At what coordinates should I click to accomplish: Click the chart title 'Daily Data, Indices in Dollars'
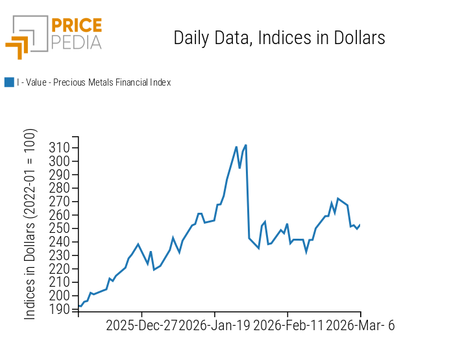(279, 38)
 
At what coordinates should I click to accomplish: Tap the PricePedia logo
(53, 36)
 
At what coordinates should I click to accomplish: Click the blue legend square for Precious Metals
(9, 82)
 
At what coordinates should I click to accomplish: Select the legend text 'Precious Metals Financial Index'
(93, 82)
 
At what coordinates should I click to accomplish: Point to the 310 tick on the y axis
(60, 148)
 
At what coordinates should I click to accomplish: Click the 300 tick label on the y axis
(60, 162)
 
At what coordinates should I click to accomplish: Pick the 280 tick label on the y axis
(60, 188)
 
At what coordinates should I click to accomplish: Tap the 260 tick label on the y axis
(60, 215)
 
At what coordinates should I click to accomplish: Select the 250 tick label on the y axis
(60, 228)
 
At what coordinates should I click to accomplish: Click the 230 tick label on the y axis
(60, 256)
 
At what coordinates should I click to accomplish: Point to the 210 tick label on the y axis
(60, 282)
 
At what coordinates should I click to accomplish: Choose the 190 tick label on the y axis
(60, 309)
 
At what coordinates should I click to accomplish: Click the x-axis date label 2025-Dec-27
(141, 326)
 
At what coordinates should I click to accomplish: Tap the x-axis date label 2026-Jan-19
(214, 326)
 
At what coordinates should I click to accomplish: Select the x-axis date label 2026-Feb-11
(288, 326)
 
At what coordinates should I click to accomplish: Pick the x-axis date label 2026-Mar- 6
(359, 326)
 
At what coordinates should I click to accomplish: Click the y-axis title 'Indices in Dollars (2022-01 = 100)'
(30, 224)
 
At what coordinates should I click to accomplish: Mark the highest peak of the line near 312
(245, 145)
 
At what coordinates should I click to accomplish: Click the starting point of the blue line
(79, 306)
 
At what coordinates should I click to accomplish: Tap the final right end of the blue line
(360, 224)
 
